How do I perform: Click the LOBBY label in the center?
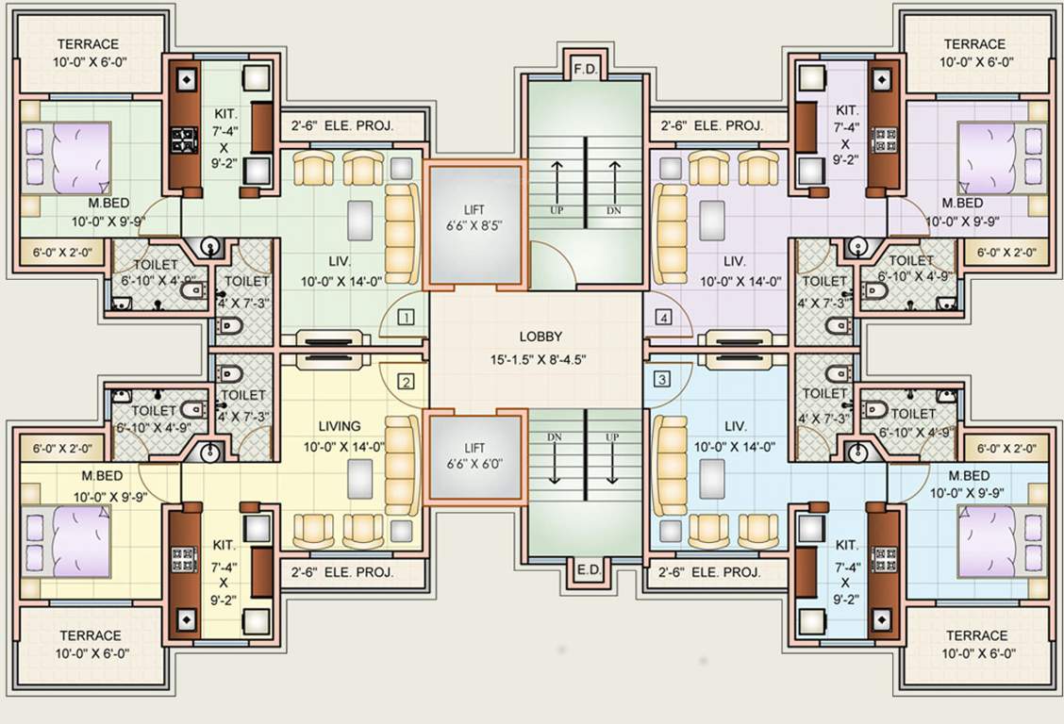pyautogui.click(x=540, y=337)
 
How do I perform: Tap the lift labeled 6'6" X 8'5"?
pyautogui.click(x=474, y=222)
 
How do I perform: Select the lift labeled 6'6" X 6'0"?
pyautogui.click(x=474, y=455)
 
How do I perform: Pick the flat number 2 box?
pyautogui.click(x=406, y=382)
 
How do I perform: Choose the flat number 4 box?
pyautogui.click(x=665, y=318)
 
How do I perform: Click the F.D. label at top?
pyautogui.click(x=585, y=69)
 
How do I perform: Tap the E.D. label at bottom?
pyautogui.click(x=585, y=568)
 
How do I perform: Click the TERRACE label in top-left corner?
pyautogui.click(x=88, y=44)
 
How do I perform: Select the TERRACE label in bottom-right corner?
pyautogui.click(x=977, y=635)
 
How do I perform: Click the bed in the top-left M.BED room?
pyautogui.click(x=66, y=157)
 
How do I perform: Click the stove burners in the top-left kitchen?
pyautogui.click(x=182, y=140)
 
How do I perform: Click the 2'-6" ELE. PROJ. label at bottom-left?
pyautogui.click(x=341, y=571)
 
